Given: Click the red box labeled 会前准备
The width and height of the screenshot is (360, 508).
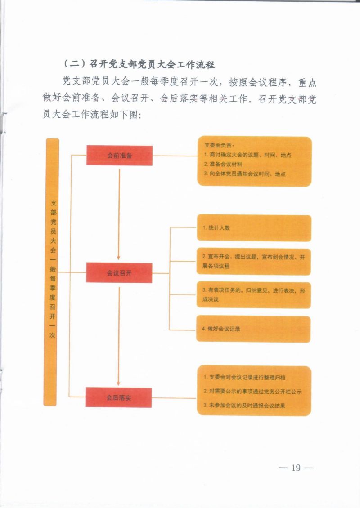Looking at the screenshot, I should click(x=119, y=156).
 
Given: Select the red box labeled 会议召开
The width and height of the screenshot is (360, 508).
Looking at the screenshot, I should click(x=119, y=273).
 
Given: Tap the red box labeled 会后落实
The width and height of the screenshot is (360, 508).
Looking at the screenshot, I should click(x=119, y=397).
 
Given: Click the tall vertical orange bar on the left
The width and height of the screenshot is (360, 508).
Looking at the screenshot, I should click(x=52, y=272).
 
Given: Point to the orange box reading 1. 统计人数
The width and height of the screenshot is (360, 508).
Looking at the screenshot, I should click(x=253, y=228).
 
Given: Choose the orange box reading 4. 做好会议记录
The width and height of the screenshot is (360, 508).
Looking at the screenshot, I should click(x=253, y=329).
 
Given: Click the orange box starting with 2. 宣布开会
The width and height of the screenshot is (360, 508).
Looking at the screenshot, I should click(x=253, y=261).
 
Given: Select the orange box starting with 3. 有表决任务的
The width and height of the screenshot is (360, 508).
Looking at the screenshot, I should click(x=253, y=295).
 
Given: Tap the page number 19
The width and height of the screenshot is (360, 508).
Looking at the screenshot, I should click(x=296, y=468).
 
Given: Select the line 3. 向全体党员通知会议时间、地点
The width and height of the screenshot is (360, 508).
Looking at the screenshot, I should click(x=245, y=174).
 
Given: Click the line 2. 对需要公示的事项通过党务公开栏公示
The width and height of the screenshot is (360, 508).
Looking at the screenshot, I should click(x=252, y=391).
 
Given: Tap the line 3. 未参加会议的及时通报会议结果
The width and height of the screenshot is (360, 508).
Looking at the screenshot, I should click(x=244, y=406).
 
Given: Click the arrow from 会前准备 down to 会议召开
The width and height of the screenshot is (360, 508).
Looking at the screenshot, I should click(x=119, y=214).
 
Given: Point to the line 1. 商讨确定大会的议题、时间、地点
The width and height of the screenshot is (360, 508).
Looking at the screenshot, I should click(x=247, y=155).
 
